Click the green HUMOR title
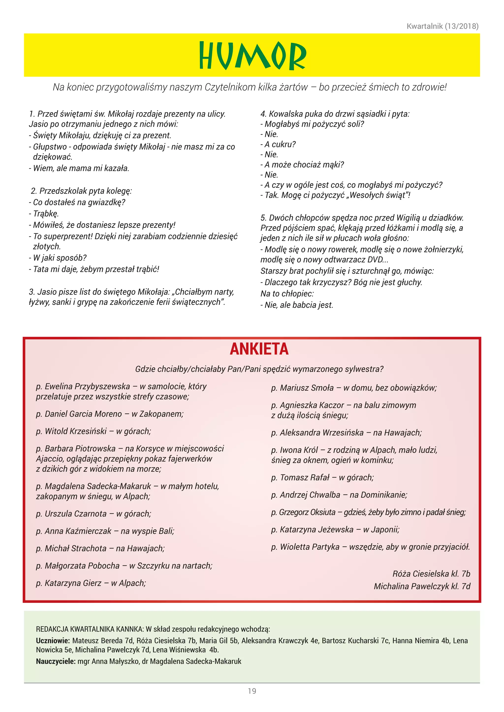coord(252,56)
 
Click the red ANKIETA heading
coord(259,349)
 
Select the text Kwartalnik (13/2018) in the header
coord(442,26)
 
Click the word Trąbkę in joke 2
coord(46,214)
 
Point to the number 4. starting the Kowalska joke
coord(263,114)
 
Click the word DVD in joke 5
coord(375,260)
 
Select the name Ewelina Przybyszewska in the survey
coord(87,386)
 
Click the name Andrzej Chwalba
coord(310,495)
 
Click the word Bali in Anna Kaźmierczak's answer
coord(166,531)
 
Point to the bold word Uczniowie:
coord(53,641)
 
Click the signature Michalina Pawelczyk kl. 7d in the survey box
coord(422,586)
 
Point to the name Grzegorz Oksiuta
coord(307,512)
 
